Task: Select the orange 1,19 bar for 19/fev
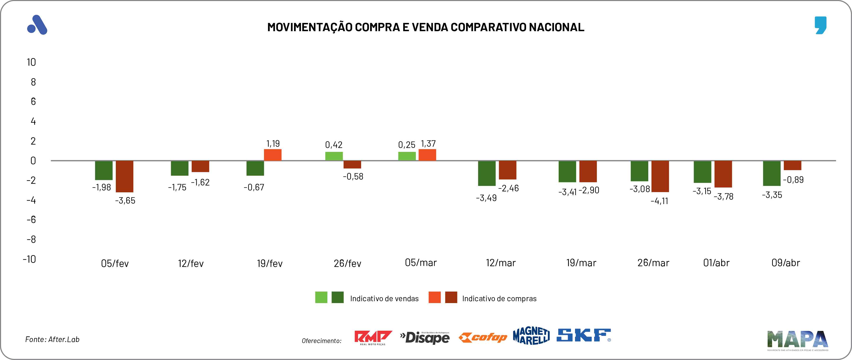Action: (272, 155)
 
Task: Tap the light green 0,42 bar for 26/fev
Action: (334, 156)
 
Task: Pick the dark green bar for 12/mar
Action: (487, 173)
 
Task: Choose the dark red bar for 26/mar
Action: (660, 176)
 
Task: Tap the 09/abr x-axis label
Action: (786, 263)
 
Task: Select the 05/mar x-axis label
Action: (421, 263)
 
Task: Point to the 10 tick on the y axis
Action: (31, 62)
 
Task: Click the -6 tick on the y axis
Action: (31, 219)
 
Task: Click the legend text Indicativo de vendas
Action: (384, 299)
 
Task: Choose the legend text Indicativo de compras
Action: (499, 299)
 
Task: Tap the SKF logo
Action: (584, 335)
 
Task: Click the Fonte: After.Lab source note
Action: (52, 339)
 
